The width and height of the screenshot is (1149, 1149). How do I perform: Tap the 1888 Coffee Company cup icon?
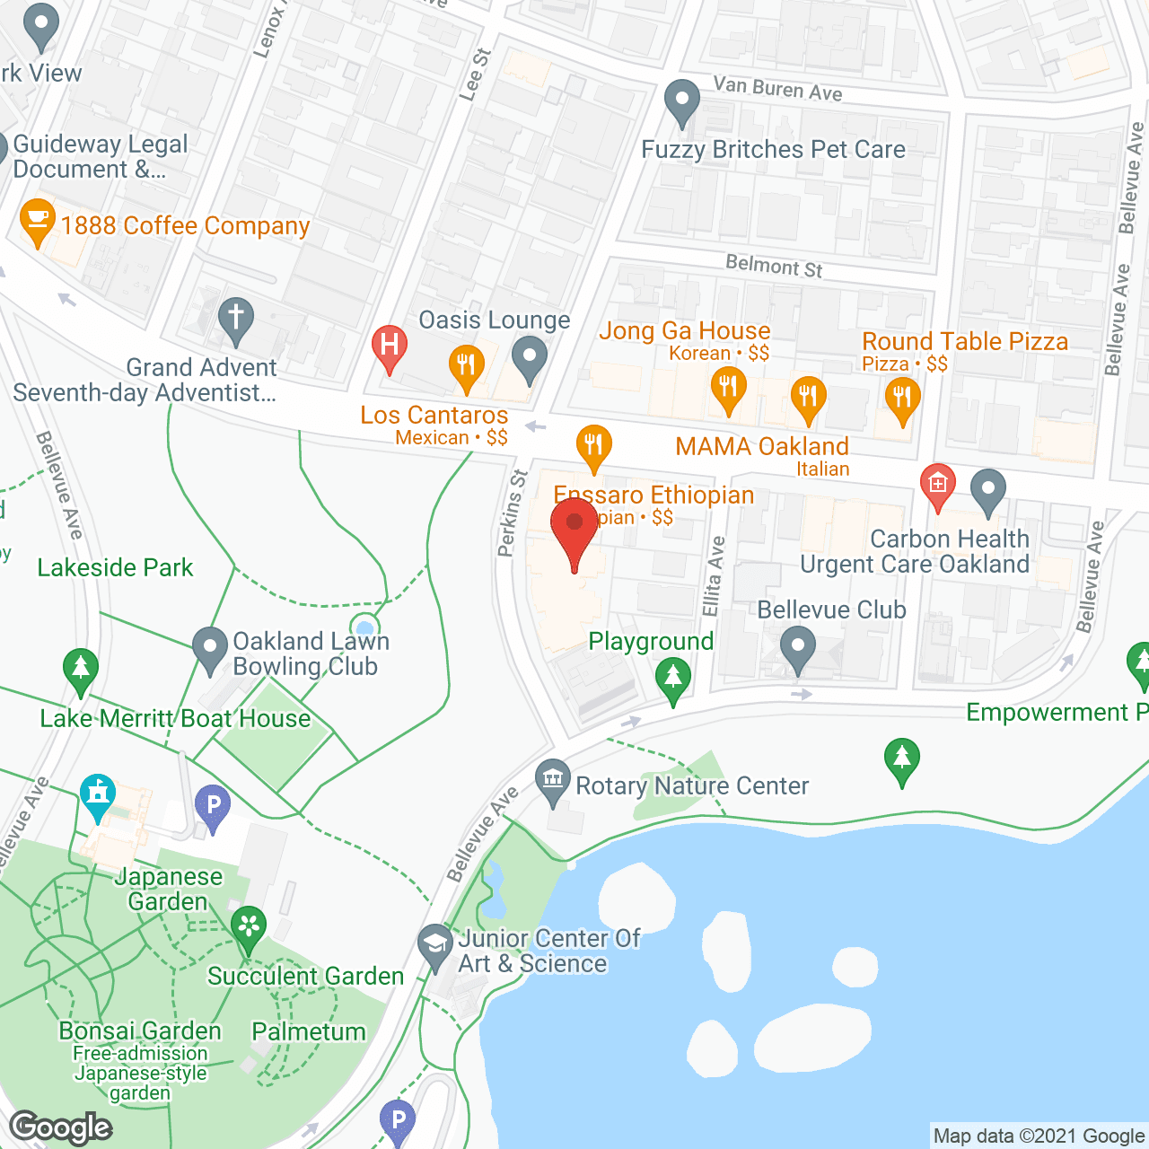(37, 221)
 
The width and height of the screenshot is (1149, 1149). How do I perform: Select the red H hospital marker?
(390, 346)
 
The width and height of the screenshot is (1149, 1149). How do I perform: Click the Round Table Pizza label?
(965, 342)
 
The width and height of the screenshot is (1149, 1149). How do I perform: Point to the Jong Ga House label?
(684, 331)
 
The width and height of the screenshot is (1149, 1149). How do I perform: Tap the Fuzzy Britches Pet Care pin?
(682, 102)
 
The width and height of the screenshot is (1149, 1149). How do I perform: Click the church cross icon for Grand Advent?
(236, 319)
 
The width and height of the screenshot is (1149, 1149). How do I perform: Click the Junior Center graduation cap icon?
(435, 946)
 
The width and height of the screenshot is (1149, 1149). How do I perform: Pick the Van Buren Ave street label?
(777, 89)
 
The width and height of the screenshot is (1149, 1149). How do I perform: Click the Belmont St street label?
(774, 267)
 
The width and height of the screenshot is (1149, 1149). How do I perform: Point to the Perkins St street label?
(513, 513)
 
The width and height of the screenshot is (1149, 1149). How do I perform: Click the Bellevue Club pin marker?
(797, 646)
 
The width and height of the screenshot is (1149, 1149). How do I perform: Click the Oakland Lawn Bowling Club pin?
(210, 648)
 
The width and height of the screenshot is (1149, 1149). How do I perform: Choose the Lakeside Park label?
(115, 568)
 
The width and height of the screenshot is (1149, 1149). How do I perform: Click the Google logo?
(61, 1127)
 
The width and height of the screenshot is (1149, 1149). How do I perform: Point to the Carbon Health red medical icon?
(937, 486)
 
